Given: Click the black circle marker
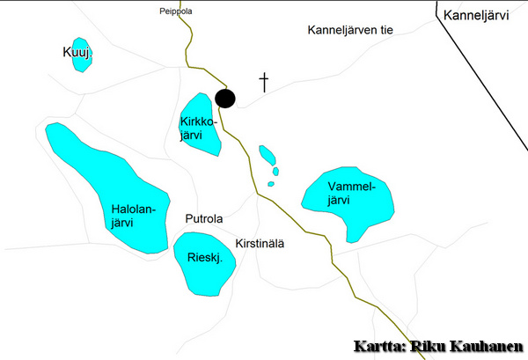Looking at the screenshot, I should point(225,99).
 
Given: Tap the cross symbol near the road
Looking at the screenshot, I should point(263,83).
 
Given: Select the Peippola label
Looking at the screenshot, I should point(175,11).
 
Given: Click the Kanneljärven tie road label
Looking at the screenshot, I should point(349,30).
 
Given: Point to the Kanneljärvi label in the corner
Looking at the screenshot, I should point(476,15).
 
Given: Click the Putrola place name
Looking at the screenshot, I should point(204,218).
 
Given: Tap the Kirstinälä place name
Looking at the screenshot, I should point(260,243).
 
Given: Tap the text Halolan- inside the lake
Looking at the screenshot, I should point(133,209).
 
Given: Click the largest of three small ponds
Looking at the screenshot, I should point(267,156).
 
